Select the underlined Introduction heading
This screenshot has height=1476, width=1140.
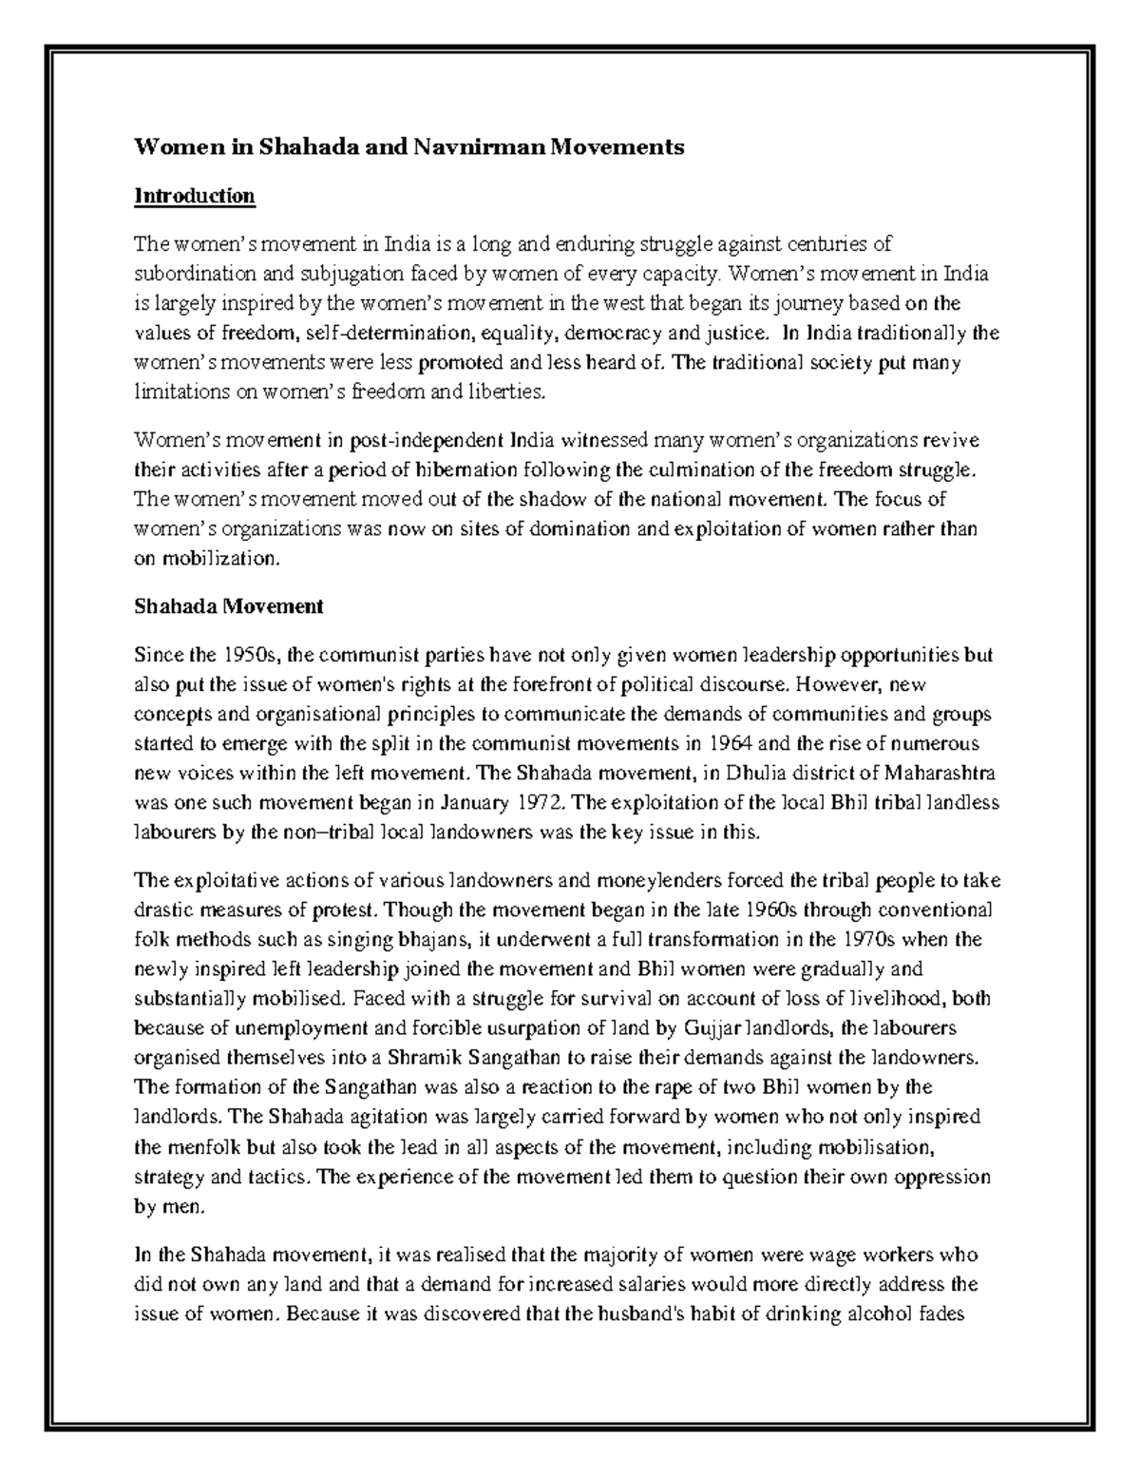coord(195,196)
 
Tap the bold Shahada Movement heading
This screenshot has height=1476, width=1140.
coord(229,606)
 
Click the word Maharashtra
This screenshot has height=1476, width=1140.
coord(936,773)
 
